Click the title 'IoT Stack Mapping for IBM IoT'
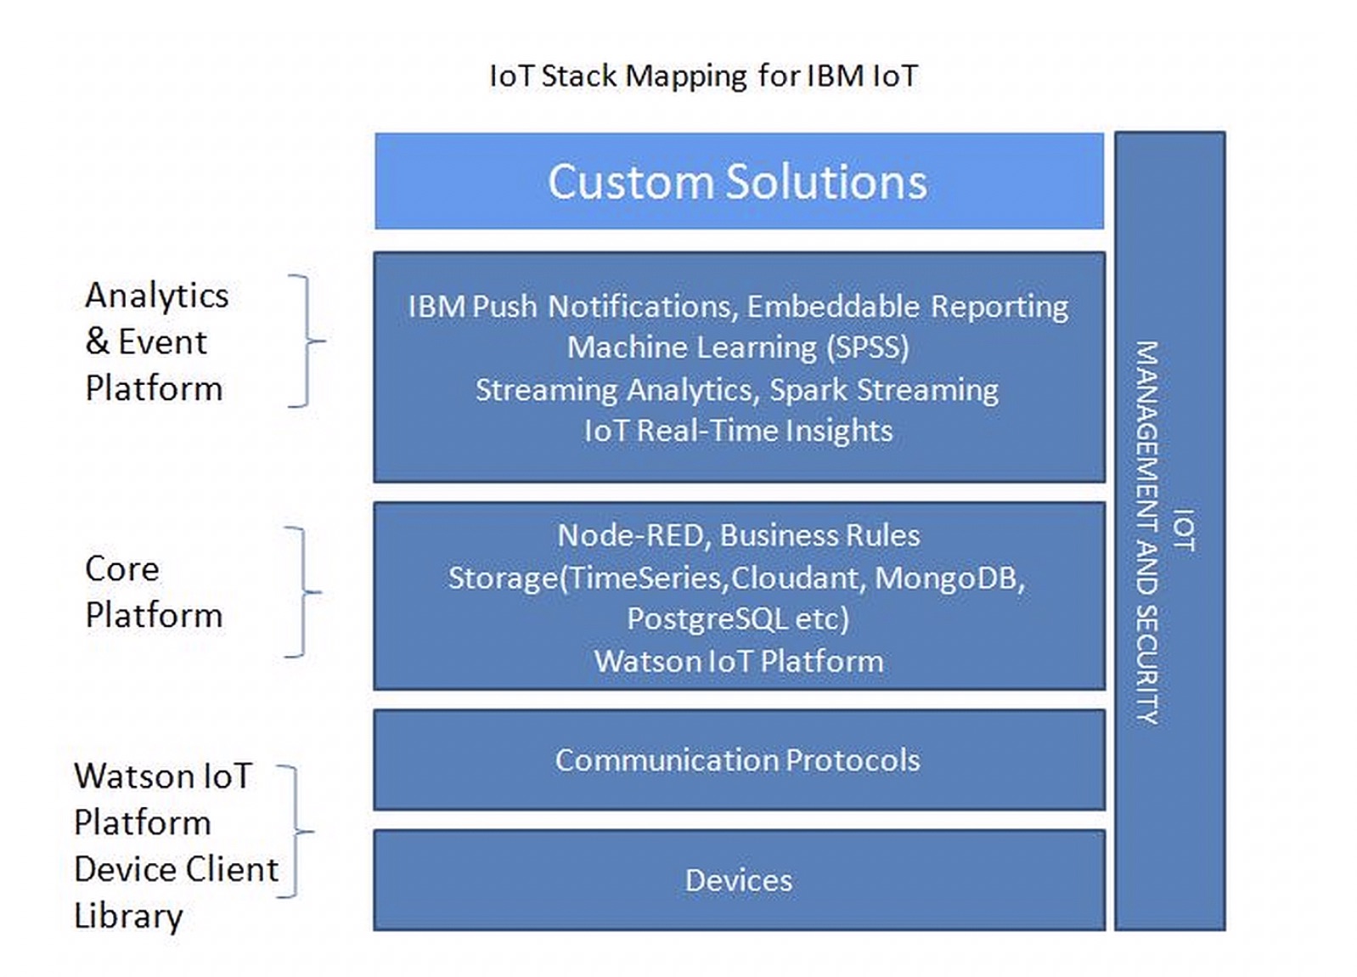[703, 76]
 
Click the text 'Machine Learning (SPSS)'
[737, 347]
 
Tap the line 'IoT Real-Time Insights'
[737, 431]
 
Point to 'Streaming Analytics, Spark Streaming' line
[737, 390]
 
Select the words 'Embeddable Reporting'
[907, 307]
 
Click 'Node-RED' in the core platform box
[630, 535]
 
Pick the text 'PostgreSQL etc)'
[737, 618]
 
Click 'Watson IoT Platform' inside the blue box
[737, 661]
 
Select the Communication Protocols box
[737, 760]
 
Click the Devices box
[737, 880]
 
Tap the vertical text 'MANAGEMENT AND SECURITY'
[1147, 532]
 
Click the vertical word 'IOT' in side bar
[1184, 530]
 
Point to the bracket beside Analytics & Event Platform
[307, 341]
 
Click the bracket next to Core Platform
[304, 591]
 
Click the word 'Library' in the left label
[128, 916]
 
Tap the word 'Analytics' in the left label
[157, 296]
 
